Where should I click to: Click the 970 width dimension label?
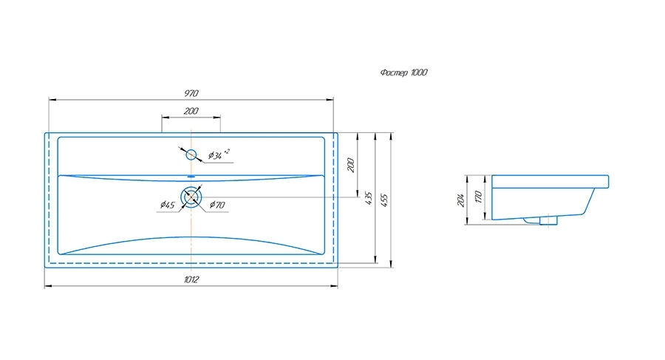(191, 93)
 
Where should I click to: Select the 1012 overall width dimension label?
(191, 279)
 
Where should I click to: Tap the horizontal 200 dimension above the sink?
(191, 111)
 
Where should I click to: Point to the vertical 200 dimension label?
(351, 165)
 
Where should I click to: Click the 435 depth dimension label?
(369, 198)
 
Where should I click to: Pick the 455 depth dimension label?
(384, 200)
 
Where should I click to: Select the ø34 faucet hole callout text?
(219, 154)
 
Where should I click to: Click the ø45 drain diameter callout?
(167, 205)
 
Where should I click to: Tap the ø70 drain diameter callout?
(217, 205)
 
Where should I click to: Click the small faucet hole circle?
(191, 154)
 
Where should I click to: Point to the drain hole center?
(191, 197)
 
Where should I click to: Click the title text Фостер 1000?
(403, 72)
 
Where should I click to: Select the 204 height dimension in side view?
(460, 200)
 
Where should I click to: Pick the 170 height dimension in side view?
(478, 197)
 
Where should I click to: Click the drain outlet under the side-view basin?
(548, 220)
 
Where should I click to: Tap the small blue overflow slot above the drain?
(191, 176)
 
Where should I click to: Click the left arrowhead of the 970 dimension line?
(52, 100)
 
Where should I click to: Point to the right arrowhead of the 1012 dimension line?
(334, 286)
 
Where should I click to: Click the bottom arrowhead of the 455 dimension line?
(391, 264)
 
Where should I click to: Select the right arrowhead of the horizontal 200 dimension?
(216, 117)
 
